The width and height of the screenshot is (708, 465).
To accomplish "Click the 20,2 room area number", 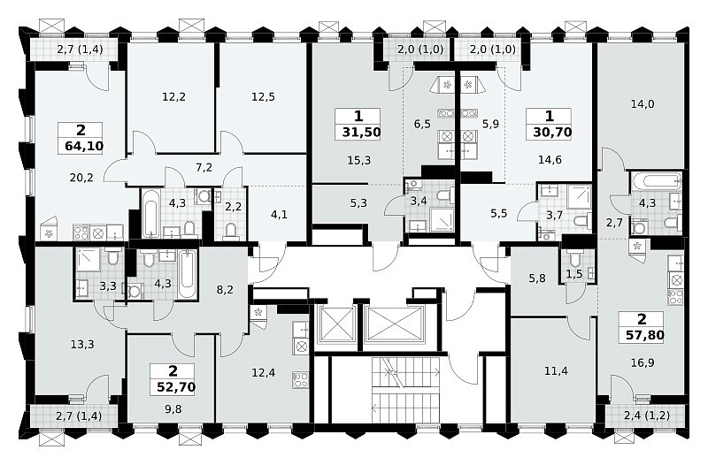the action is tap(81, 178).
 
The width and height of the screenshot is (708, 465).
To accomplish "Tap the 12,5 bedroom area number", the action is tap(263, 97).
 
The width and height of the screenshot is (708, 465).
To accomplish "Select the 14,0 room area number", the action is tap(643, 104).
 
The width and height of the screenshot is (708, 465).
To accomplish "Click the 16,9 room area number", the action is tap(643, 362).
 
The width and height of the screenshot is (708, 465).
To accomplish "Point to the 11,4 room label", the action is tap(556, 371).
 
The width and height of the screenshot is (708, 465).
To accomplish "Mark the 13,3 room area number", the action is tap(82, 345).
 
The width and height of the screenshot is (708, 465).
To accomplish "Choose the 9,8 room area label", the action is tap(173, 409).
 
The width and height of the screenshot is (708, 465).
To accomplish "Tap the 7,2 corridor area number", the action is tap(204, 168).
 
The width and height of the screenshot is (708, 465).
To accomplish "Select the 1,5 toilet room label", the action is tap(574, 274).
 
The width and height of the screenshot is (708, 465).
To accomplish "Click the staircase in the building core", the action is tap(406, 390).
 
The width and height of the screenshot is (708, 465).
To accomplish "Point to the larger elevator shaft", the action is tap(394, 324).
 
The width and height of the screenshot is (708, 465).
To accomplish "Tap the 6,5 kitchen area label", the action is tap(422, 124).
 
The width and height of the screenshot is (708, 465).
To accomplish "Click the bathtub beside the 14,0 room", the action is tap(656, 182).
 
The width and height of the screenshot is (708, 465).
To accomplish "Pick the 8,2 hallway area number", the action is tap(225, 290).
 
